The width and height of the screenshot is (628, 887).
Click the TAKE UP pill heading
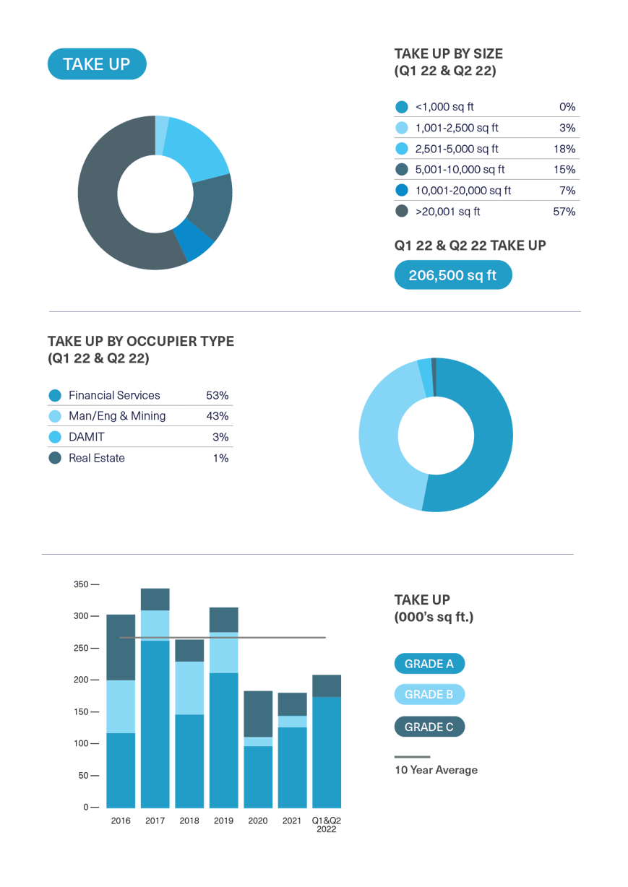tap(97, 64)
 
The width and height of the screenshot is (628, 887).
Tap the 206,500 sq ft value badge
tap(453, 275)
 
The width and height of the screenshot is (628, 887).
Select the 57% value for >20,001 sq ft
tap(564, 212)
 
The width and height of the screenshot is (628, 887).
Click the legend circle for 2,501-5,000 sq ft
tap(402, 149)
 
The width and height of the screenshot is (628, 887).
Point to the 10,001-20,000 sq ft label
tap(463, 191)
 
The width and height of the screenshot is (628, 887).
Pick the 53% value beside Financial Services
tap(217, 395)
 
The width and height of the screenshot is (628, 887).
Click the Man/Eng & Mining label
tap(117, 416)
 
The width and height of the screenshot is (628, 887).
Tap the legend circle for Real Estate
tap(55, 458)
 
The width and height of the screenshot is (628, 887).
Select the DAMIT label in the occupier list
tap(86, 437)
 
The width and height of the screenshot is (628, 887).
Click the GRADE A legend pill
tap(429, 664)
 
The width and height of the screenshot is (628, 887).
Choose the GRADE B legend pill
tap(429, 695)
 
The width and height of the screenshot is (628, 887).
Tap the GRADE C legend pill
tap(429, 727)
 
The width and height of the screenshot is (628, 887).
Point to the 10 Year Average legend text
tap(436, 770)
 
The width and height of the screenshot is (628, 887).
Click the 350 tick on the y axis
tap(81, 584)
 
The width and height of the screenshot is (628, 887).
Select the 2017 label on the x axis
tap(155, 821)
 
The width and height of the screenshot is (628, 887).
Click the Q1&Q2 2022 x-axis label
tap(326, 825)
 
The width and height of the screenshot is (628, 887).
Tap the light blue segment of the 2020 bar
tap(258, 742)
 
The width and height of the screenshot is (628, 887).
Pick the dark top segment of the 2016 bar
tap(121, 647)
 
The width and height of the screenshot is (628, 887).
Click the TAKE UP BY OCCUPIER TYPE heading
tap(141, 342)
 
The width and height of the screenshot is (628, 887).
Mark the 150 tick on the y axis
tap(81, 712)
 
